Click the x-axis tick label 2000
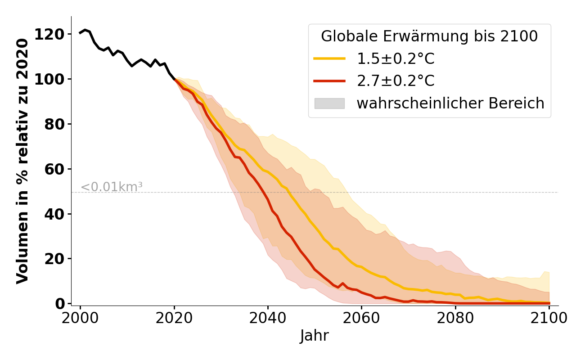tap(80, 318)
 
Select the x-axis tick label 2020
tap(174, 318)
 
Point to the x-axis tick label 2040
tap(268, 318)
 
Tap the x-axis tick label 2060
tap(361, 318)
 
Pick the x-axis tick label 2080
tap(455, 318)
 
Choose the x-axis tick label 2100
tap(549, 318)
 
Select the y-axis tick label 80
tap(54, 124)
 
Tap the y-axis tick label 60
tap(54, 169)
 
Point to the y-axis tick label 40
tap(54, 214)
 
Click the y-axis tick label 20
tap(54, 259)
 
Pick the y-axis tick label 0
tap(59, 304)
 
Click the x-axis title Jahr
tap(315, 336)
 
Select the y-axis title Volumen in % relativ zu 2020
tap(22, 161)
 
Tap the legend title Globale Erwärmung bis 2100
tap(429, 36)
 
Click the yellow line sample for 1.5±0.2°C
tap(329, 58)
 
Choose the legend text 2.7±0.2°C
tap(396, 81)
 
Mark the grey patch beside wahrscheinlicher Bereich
tap(329, 103)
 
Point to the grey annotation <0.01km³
tap(112, 187)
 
